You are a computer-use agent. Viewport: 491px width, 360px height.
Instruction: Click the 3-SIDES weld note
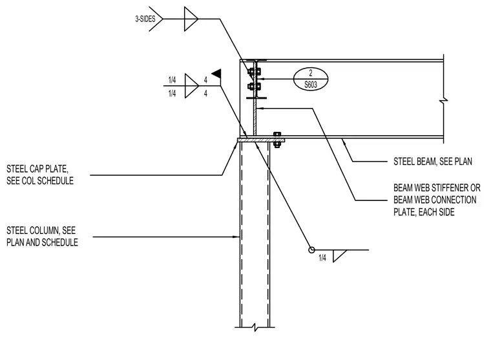[145, 19]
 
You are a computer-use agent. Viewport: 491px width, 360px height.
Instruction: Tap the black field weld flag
[216, 74]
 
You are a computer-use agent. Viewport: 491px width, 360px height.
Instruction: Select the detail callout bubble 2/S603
[310, 79]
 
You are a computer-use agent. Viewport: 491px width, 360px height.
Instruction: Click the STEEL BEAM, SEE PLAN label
[432, 162]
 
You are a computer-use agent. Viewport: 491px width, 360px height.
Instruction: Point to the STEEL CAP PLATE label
[40, 175]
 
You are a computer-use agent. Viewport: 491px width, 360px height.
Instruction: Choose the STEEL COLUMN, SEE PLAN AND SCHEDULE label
[42, 237]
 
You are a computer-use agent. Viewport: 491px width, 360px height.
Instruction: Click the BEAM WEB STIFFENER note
[437, 200]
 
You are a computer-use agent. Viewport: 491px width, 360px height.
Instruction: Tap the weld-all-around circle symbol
[311, 250]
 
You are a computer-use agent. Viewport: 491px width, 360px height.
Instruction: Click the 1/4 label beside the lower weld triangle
[322, 258]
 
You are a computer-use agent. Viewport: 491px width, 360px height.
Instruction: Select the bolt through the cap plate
[277, 140]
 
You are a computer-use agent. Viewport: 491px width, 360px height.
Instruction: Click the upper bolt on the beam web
[255, 72]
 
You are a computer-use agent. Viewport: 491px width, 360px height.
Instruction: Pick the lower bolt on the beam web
[254, 86]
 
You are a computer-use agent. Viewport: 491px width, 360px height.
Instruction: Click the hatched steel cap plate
[261, 140]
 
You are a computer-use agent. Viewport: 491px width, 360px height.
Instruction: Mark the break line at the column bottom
[255, 328]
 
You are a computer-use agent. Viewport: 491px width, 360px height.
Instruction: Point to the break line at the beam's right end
[443, 99]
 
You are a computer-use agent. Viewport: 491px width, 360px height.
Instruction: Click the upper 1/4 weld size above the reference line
[172, 80]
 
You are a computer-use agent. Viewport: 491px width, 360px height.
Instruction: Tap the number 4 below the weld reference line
[205, 93]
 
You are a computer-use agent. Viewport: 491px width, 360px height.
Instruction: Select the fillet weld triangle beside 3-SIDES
[191, 19]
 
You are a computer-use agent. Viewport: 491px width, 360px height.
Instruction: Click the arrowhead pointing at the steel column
[236, 237]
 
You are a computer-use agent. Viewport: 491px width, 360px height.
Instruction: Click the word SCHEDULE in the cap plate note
[56, 181]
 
